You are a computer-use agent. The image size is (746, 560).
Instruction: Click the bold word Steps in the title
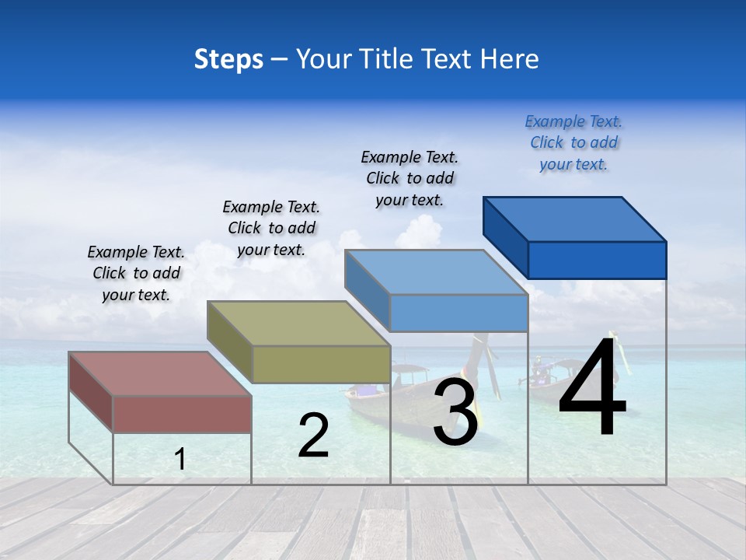click(228, 59)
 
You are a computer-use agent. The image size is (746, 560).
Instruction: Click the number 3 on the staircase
click(455, 412)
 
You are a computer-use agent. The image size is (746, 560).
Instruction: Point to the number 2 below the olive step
click(313, 436)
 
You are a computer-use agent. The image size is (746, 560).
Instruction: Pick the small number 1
click(180, 459)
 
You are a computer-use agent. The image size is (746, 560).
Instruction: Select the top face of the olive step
click(298, 323)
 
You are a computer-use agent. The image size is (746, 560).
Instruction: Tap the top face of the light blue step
click(435, 272)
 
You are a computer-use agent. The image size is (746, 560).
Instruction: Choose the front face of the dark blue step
click(597, 260)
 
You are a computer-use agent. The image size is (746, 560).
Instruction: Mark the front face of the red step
click(182, 414)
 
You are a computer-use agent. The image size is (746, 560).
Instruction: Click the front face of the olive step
click(321, 364)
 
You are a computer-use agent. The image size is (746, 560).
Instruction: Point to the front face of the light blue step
click(458, 313)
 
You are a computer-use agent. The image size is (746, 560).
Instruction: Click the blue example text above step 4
click(573, 142)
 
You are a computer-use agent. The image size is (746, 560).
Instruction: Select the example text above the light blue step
click(410, 178)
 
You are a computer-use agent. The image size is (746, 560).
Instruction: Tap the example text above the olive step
click(271, 228)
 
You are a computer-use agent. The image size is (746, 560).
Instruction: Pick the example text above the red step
click(136, 273)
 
